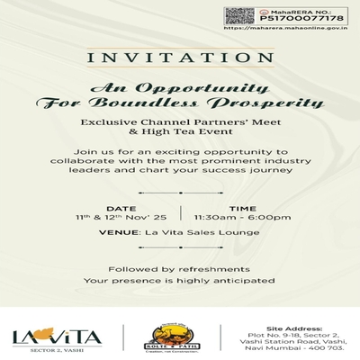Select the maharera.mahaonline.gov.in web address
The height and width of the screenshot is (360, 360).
click(x=292, y=29)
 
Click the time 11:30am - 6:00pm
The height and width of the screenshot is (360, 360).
click(x=241, y=218)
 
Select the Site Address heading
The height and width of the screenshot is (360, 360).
click(x=293, y=319)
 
